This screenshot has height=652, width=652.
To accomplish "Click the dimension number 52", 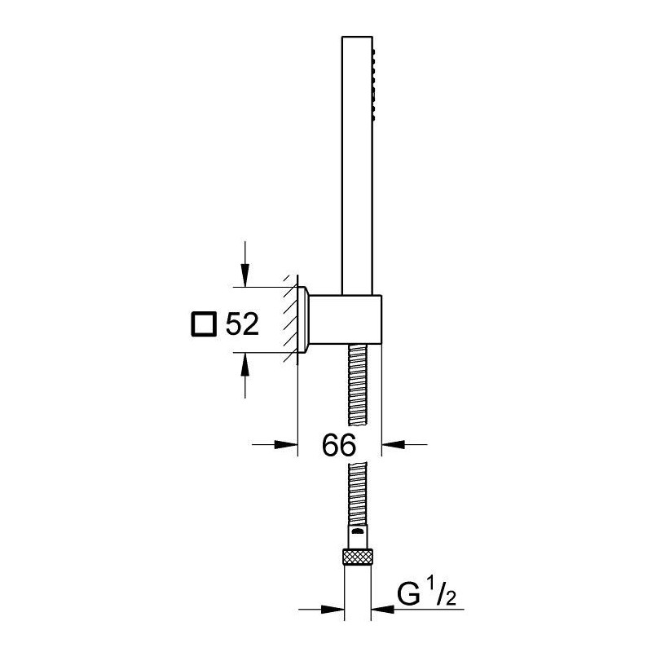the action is (242, 324).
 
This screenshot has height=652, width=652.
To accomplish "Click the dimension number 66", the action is (339, 444).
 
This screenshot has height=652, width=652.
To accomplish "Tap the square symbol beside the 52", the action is (203, 324).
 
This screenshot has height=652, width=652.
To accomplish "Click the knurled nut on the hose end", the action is (357, 557).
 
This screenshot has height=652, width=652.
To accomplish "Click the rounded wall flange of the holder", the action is (303, 319).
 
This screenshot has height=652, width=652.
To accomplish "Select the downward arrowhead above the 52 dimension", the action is (245, 275).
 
